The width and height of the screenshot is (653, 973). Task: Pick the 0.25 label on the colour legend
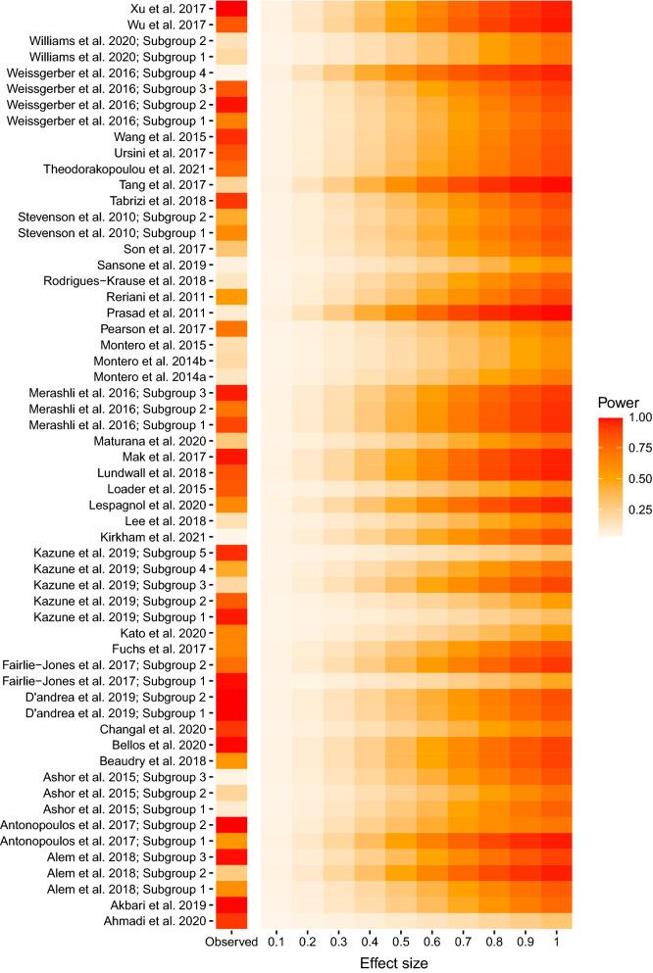coord(637,511)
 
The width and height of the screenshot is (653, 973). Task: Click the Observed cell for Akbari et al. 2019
coord(231,902)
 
